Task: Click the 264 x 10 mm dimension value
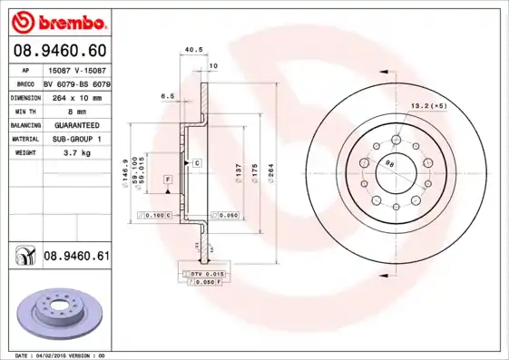[x=71, y=96]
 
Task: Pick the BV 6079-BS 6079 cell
[x=76, y=82]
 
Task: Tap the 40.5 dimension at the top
[x=192, y=51]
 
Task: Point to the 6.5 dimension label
[x=167, y=95]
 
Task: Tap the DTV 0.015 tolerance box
[x=204, y=273]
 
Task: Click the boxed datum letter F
[x=168, y=181]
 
